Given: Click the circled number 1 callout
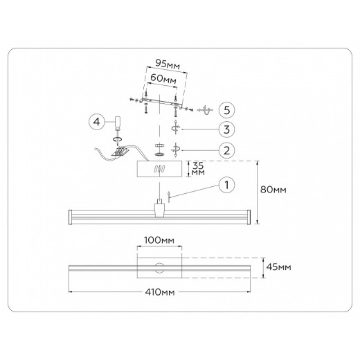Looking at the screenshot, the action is pos(226,185).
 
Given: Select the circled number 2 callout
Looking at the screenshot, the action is pos(226,150).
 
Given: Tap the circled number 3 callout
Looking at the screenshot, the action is pos(226,129).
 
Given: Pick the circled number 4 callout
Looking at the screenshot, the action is pos(97,122).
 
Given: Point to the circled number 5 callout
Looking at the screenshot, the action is pos(226,110).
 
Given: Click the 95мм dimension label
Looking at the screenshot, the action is pos(168,64).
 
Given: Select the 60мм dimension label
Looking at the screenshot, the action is pos(163,79).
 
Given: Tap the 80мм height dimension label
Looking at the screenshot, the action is pos(273,190).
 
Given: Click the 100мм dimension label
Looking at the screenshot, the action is pos(159,240).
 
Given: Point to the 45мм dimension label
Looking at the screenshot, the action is pos(278,267).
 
